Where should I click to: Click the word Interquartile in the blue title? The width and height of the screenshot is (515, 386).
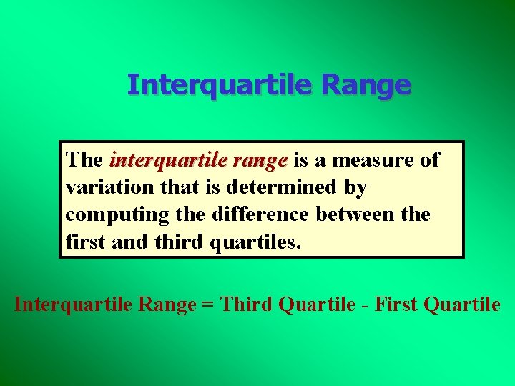(x=221, y=85)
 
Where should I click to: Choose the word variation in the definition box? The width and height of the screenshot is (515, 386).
(x=105, y=187)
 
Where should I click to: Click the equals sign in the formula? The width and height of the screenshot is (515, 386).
(x=207, y=305)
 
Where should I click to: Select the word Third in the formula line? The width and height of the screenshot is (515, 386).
(x=246, y=305)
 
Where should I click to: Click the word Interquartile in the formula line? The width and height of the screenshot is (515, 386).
(x=72, y=305)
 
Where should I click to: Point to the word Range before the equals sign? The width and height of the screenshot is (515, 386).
(x=166, y=305)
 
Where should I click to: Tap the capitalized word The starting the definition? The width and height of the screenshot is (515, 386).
(x=84, y=160)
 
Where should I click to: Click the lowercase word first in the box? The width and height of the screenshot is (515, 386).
(x=85, y=242)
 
